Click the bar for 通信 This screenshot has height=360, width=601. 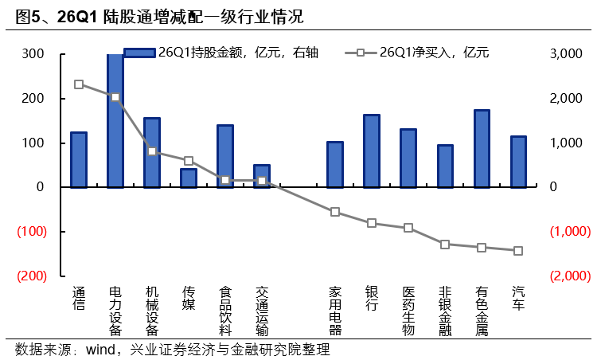pos(78,159)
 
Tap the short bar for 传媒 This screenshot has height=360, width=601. pos(189,178)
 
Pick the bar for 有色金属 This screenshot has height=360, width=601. pos(481,149)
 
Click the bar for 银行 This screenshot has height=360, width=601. pos(372,151)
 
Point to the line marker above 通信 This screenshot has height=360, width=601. pos(79,84)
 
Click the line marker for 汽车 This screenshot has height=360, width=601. pos(518,251)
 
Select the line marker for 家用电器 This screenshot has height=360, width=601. pos(335,212)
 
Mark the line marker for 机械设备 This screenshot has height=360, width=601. pos(152,151)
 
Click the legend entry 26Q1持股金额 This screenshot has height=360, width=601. pos(223,53)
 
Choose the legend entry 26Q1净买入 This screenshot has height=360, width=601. pos(422,53)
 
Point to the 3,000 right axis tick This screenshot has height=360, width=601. pos(568,54)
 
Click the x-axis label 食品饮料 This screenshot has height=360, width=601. pos(225,310)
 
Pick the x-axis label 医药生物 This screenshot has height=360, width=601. pos(408,310)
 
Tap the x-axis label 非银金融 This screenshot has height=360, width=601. pos(444,310)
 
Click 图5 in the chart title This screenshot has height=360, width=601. pos(31,16)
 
